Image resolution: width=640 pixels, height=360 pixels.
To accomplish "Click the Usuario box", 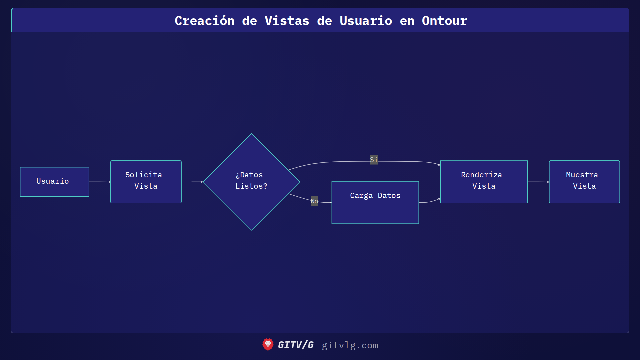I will tap(54, 182).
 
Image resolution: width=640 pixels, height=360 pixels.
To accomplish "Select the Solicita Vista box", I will tap(146, 182).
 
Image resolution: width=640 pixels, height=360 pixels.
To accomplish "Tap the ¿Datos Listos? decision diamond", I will tap(251, 182).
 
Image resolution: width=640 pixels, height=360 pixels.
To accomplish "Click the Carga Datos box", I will tap(375, 202).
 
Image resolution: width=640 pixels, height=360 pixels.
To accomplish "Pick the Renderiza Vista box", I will tap(484, 182).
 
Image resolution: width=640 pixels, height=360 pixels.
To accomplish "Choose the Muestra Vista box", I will tap(584, 182).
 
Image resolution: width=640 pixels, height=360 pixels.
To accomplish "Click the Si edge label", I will tap(374, 160).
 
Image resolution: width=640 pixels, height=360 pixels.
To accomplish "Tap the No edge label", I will tap(314, 201).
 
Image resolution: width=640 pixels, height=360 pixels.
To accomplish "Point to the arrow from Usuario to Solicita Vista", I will tap(100, 182).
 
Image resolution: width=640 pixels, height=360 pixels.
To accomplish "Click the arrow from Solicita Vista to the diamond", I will tap(192, 182).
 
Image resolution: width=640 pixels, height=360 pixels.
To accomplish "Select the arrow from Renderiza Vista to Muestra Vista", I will tap(538, 182).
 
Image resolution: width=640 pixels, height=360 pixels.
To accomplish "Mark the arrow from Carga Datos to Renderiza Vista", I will tap(430, 201).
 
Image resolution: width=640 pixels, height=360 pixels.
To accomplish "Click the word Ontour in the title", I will tap(444, 21).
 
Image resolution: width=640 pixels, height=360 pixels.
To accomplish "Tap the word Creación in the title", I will tap(204, 21).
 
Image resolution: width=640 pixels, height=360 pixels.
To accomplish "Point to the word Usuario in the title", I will tap(366, 21).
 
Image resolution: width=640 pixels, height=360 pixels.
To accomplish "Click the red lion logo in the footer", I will tap(268, 345).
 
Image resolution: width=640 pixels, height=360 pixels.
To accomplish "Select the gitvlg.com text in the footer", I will tap(350, 345).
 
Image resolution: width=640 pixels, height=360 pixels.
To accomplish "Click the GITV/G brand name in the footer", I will tap(296, 345).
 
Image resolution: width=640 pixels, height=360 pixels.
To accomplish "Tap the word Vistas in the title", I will tap(287, 21).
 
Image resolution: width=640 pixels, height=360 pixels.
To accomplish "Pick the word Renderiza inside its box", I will tap(481, 175).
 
